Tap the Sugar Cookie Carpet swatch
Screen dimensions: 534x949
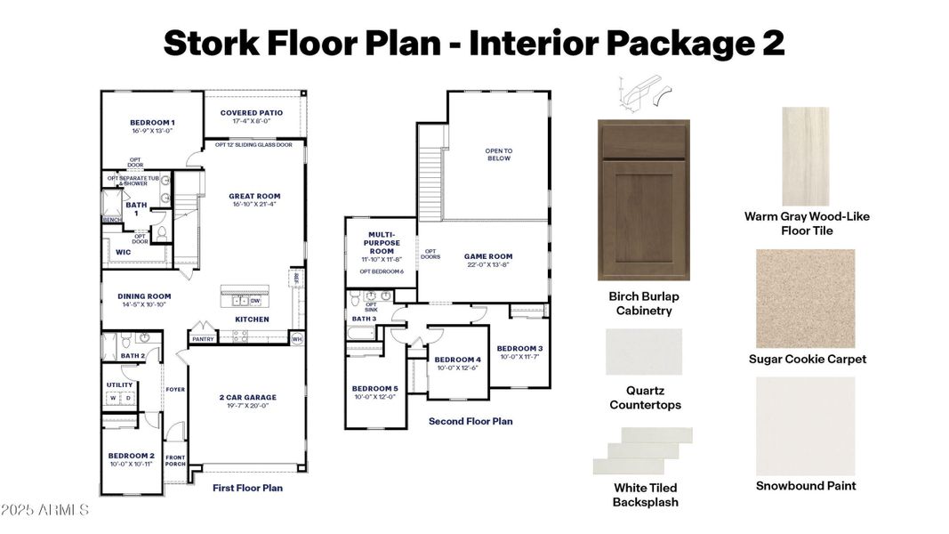point(806,298)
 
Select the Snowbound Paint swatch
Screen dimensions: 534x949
point(806,425)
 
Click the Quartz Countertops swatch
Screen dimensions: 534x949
point(644,352)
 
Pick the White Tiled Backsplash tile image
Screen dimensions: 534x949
point(643,450)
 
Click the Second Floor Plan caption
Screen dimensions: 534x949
point(470,421)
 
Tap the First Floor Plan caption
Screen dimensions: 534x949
point(247,488)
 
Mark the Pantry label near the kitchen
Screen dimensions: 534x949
point(202,339)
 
